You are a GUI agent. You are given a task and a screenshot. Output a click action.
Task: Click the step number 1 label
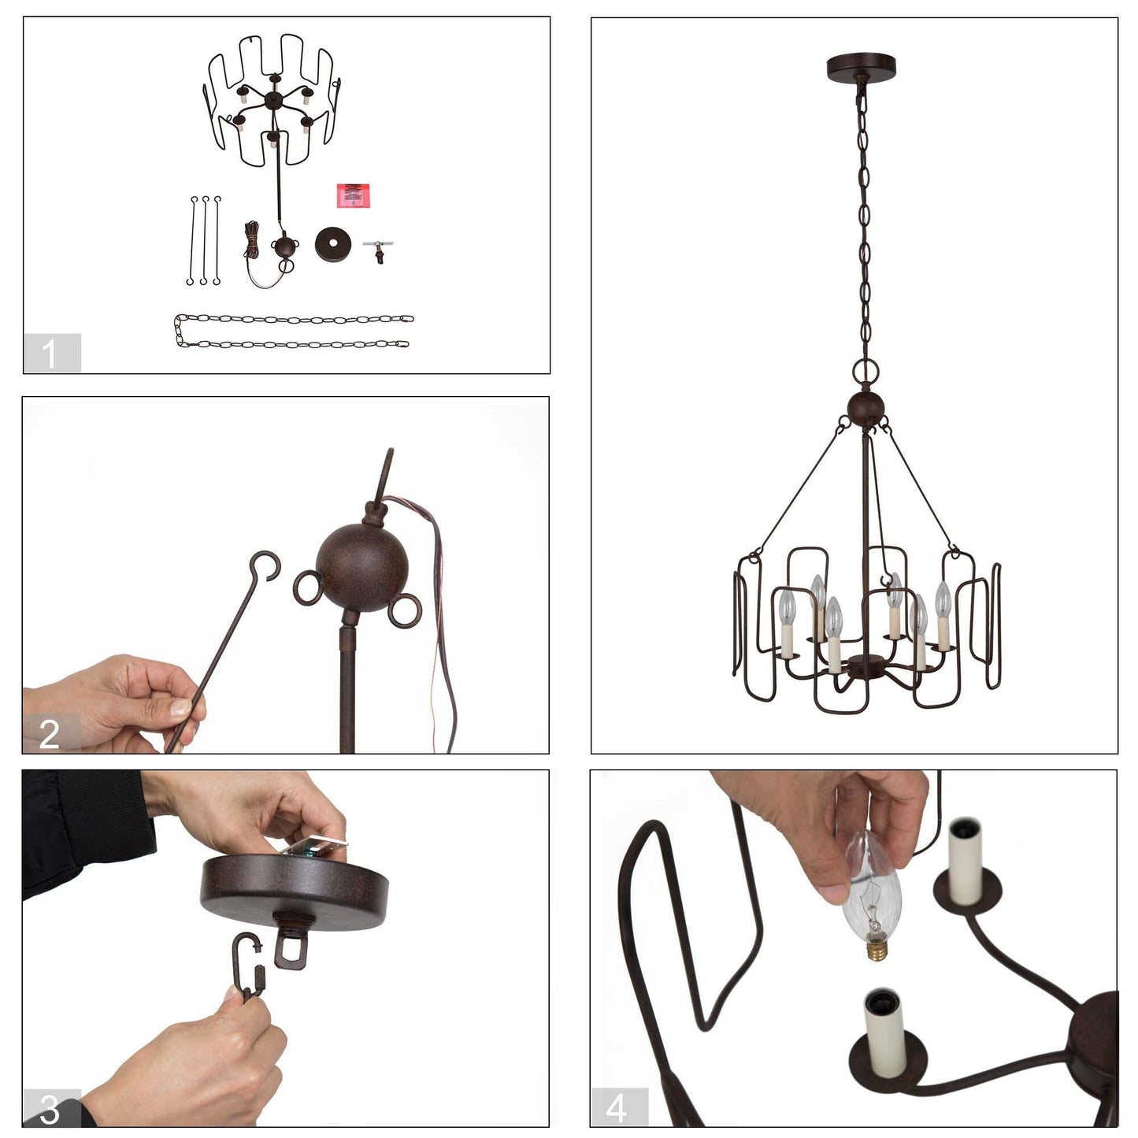(51, 353)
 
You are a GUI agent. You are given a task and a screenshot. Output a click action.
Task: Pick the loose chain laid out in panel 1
(293, 332)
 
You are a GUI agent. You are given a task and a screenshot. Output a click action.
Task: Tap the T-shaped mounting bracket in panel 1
(377, 250)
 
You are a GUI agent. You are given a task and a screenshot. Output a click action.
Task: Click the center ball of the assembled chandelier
(866, 409)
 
